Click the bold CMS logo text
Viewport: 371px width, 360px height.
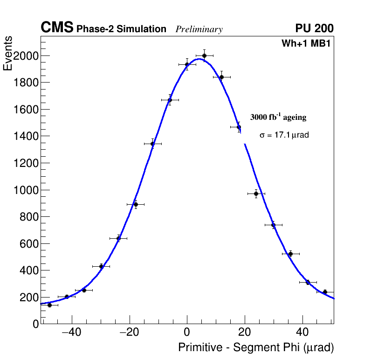click(57, 28)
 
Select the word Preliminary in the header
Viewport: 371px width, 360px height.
click(199, 29)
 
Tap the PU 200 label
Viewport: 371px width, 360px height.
click(314, 28)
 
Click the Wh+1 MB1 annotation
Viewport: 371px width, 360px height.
click(306, 44)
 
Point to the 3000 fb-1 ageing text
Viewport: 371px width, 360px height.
click(278, 117)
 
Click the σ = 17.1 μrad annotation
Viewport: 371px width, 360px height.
click(284, 135)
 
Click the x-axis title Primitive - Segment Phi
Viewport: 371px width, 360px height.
click(256, 347)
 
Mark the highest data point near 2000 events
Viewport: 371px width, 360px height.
click(204, 55)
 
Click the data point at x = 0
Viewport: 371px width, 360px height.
click(187, 64)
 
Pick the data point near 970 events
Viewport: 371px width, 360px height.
click(256, 194)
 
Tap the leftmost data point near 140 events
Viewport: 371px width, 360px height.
click(49, 305)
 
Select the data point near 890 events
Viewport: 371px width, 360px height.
click(136, 204)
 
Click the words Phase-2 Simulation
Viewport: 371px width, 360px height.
click(121, 29)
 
